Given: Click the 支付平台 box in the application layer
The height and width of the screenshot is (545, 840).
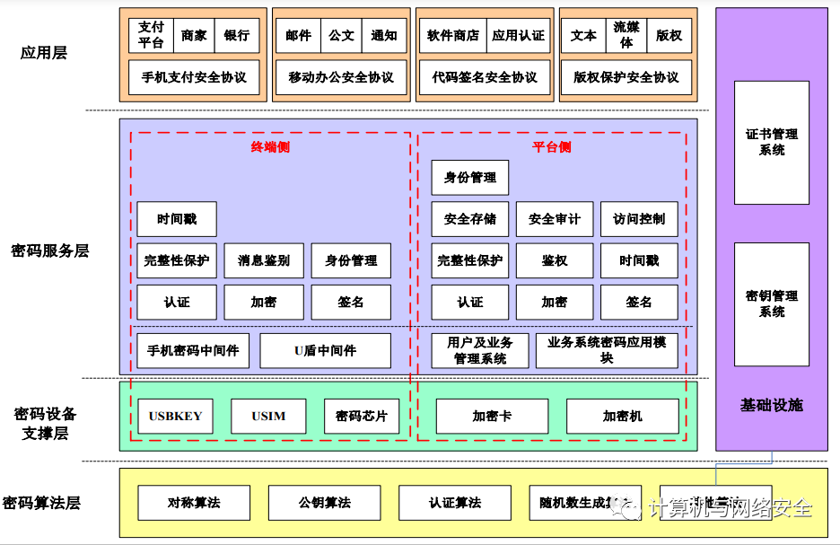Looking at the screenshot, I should tap(151, 35).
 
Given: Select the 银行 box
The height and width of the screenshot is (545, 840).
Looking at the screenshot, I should tap(237, 35).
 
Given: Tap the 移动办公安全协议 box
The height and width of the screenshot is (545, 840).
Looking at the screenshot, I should tap(341, 77).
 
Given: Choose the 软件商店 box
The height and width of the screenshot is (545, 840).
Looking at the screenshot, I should tap(453, 35).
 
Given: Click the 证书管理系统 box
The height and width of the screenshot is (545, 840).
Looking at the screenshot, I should tap(772, 142).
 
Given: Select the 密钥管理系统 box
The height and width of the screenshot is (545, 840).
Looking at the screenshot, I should tap(772, 303).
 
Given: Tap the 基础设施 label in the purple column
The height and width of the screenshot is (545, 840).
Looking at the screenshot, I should tap(772, 405).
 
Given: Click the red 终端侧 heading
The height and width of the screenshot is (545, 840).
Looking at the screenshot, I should tap(270, 147).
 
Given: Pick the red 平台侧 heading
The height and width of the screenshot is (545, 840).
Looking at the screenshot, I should tap(552, 147).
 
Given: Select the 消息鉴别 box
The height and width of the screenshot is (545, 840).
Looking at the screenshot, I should tap(264, 260).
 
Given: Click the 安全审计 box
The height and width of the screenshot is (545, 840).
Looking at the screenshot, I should tap(555, 219).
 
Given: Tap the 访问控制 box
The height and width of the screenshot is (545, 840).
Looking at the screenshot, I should tap(639, 219).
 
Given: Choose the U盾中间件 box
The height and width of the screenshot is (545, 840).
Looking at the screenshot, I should tap(325, 351).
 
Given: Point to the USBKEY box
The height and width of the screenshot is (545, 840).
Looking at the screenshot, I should tap(176, 416).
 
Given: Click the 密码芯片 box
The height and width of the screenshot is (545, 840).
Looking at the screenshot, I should tap(362, 416).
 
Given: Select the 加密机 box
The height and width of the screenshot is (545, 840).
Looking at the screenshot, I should tap(622, 416).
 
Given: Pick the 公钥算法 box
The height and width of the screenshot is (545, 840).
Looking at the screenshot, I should tap(325, 503).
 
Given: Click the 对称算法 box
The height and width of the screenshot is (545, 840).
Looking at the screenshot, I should tap(194, 503).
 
